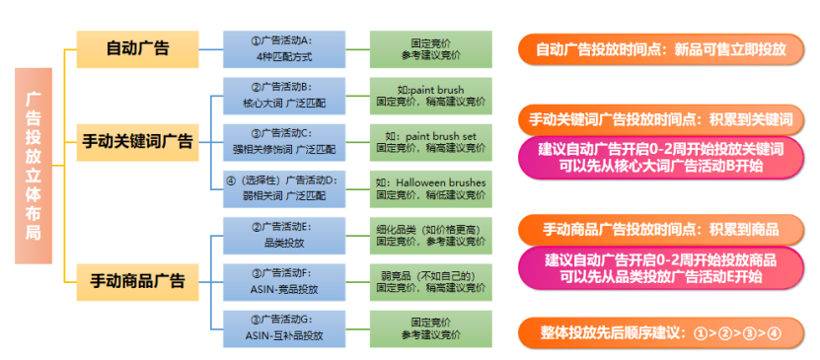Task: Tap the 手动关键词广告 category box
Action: click(x=137, y=140)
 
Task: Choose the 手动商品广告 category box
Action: click(x=137, y=280)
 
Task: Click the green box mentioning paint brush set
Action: click(x=430, y=140)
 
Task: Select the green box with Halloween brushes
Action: click(x=430, y=186)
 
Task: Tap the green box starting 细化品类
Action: click(x=430, y=234)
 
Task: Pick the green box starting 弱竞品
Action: click(x=430, y=280)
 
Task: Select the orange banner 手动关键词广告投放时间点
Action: click(x=660, y=119)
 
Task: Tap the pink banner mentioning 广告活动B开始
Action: click(x=660, y=158)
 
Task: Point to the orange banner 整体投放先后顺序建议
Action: click(x=660, y=332)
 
